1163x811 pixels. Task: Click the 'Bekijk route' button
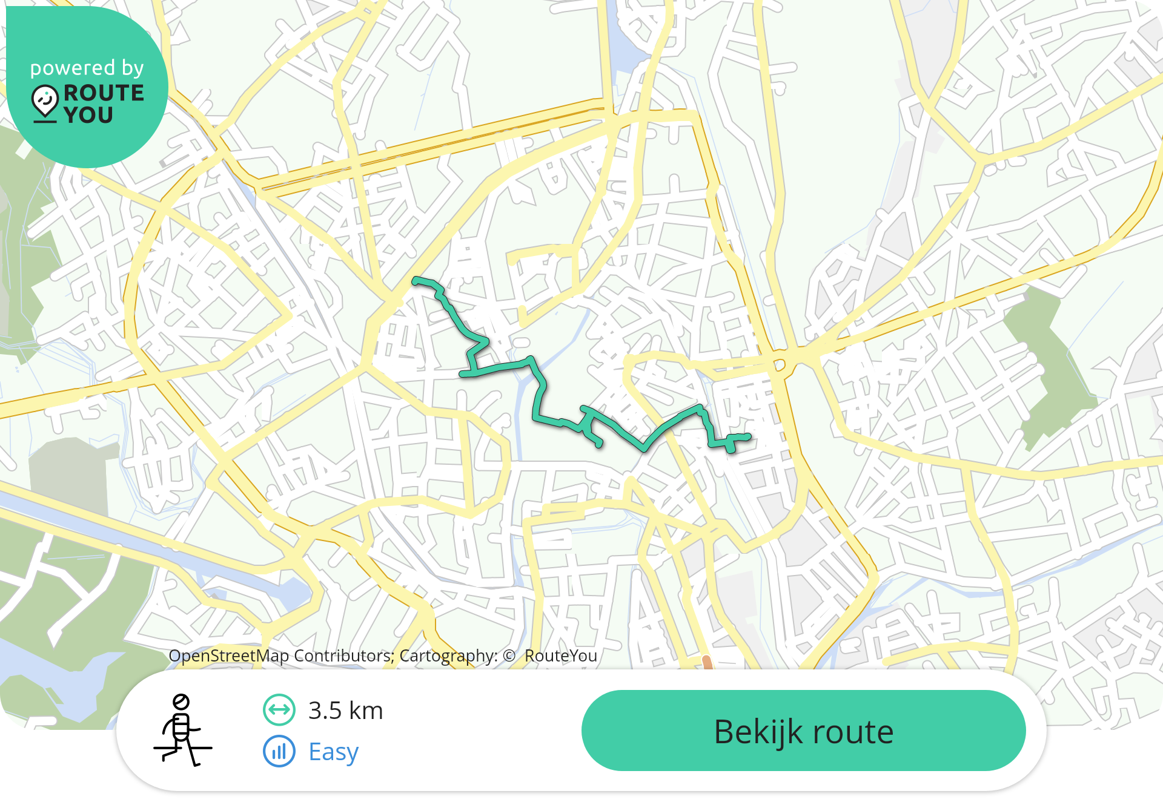[x=803, y=731]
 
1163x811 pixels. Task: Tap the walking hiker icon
[x=182, y=731]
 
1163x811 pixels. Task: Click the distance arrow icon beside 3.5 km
[x=279, y=710]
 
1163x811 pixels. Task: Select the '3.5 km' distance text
[x=345, y=711]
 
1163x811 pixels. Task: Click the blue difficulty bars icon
[x=279, y=751]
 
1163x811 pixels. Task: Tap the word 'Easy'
[x=333, y=752]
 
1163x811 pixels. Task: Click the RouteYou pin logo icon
[x=45, y=102]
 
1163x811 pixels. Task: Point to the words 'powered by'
[x=87, y=68]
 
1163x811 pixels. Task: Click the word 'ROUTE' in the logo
[x=104, y=93]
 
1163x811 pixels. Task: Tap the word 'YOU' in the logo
[x=88, y=114]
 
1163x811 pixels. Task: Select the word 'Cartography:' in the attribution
[x=448, y=655]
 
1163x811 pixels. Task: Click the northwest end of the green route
[x=416, y=280]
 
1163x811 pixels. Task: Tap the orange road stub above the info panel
[x=707, y=662]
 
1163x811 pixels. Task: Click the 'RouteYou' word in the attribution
[x=561, y=655]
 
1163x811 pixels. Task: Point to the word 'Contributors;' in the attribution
[x=343, y=655]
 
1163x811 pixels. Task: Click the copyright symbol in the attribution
[x=509, y=655]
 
